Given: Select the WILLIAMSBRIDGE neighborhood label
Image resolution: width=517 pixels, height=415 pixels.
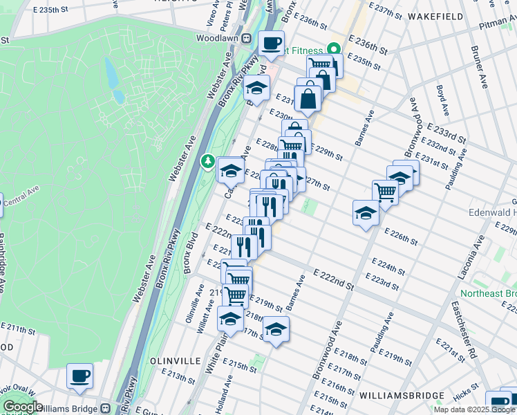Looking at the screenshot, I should click(402, 395).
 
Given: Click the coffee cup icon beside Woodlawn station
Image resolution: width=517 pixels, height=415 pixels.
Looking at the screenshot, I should click(271, 43).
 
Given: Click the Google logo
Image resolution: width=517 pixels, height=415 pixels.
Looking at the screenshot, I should click(23, 407).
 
